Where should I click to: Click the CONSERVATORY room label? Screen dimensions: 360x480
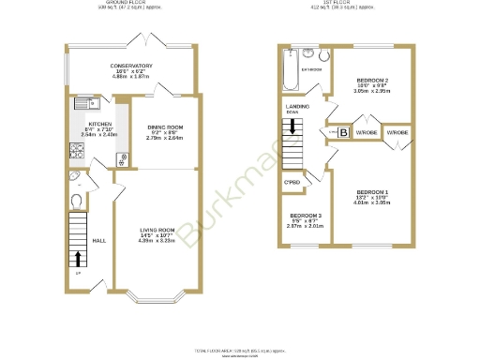click(130, 66)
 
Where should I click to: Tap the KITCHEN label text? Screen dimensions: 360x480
click(99, 124)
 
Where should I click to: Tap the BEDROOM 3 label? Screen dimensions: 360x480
click(305, 215)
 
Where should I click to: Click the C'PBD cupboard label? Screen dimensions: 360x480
click(292, 182)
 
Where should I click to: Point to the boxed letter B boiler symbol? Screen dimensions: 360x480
click(342, 133)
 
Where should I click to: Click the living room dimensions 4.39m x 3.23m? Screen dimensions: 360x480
click(157, 241)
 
